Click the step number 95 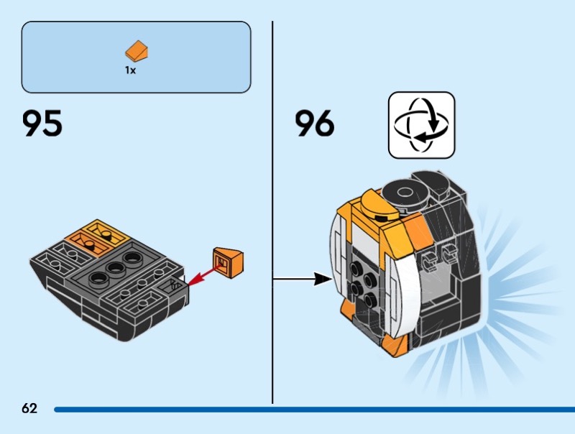click(42, 124)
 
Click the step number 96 click(314, 124)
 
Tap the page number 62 click(29, 409)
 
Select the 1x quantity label click(130, 71)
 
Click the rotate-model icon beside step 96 click(421, 125)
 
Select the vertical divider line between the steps click(272, 208)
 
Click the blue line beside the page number click(309, 410)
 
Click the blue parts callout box click(137, 57)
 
